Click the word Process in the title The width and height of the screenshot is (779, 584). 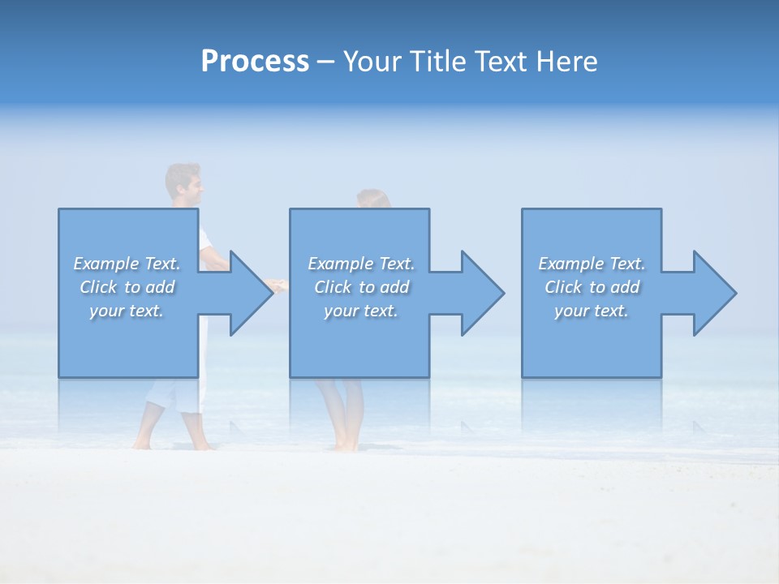pyautogui.click(x=255, y=62)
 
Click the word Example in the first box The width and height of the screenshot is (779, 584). pyautogui.click(x=106, y=264)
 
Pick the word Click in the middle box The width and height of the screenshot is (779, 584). pyautogui.click(x=333, y=287)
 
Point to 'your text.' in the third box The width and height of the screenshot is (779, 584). pyautogui.click(x=591, y=311)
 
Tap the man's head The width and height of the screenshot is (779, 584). pyautogui.click(x=184, y=184)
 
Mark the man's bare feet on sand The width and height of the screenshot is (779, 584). pyautogui.click(x=174, y=443)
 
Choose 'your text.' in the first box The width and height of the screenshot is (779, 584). pyautogui.click(x=126, y=311)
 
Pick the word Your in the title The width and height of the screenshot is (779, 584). pyautogui.click(x=372, y=62)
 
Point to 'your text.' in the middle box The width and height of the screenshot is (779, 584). pyautogui.click(x=360, y=311)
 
